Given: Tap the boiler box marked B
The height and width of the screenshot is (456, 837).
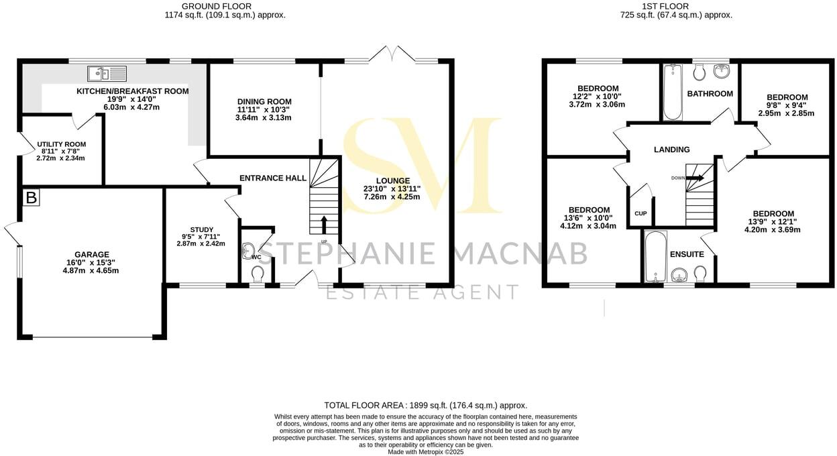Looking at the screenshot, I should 30,197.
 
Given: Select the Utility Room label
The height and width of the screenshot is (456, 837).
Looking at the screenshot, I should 62,144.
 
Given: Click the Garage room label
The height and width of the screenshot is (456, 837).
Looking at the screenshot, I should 92,255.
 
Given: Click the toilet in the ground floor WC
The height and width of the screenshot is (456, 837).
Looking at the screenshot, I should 257,274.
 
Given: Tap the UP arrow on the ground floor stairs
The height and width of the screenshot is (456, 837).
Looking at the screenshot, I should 324,223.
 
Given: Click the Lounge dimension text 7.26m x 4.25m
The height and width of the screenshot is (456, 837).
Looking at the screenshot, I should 392,196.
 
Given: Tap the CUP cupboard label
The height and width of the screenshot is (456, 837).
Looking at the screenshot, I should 640,213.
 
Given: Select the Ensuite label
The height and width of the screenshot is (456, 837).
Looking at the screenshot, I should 686,254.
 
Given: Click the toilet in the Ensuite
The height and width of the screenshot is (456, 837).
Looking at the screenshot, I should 701,273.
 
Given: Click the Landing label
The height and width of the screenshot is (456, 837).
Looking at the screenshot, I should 671,150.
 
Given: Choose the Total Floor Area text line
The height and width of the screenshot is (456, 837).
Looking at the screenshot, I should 425,405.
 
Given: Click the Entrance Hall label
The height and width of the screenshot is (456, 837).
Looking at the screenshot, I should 273,178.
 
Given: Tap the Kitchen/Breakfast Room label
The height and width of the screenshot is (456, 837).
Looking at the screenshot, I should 133,91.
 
